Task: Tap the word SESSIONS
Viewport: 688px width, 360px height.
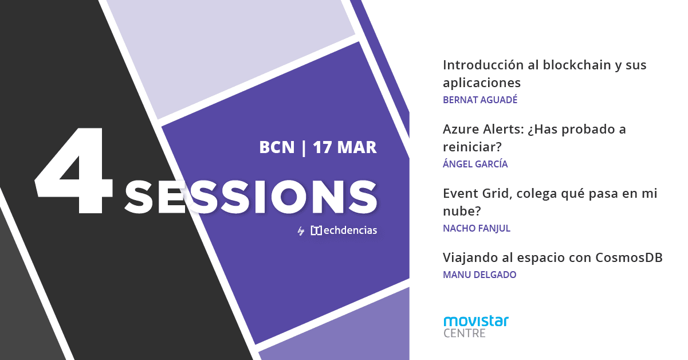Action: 251,197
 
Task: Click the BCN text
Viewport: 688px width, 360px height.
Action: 277,147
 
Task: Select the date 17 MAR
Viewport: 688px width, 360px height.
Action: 345,147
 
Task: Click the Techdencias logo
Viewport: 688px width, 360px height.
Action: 344,230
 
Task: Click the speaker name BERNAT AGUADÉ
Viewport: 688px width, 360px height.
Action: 480,100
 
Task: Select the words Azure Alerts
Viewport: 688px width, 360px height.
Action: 483,129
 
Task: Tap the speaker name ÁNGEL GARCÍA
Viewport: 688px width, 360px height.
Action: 475,164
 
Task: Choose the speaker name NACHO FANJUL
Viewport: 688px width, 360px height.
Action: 477,228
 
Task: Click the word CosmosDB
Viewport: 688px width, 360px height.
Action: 629,257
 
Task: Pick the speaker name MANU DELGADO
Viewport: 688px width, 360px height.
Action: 479,275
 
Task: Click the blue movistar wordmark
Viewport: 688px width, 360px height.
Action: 476,321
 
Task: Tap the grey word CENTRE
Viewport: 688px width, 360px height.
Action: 465,333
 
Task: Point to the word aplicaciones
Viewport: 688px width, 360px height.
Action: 482,83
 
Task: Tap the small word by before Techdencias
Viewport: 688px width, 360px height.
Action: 301,231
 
